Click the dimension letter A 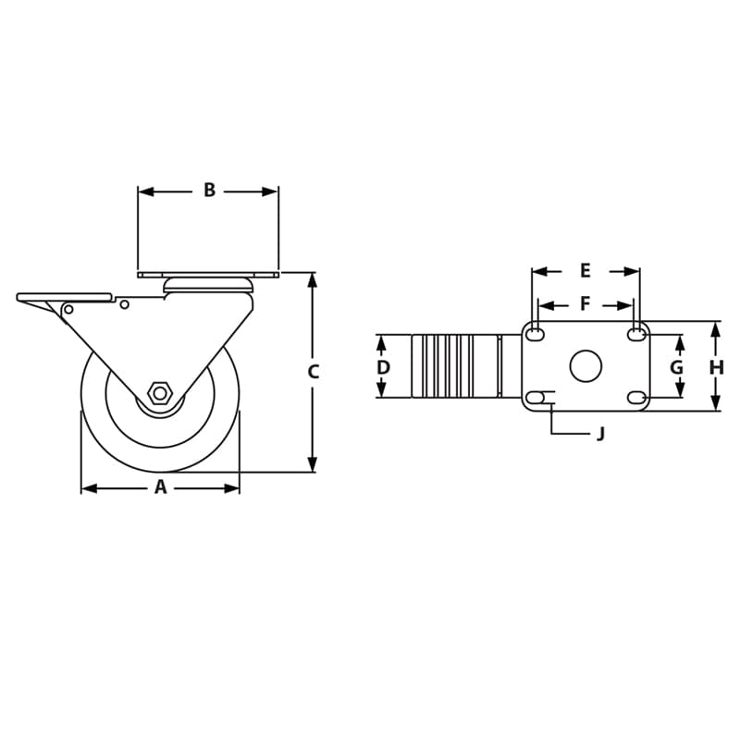tap(160, 487)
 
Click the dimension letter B tap(209, 191)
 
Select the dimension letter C tap(314, 372)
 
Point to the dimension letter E tap(586, 271)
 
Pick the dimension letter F tap(586, 303)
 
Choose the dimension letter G tap(677, 367)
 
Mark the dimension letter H tap(716, 367)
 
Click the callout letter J tap(600, 434)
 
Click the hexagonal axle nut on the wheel tap(159, 392)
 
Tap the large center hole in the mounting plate tap(586, 366)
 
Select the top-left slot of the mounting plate tap(535, 334)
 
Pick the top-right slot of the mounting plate tap(636, 334)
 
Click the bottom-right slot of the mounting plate tap(636, 398)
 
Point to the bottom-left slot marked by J tap(535, 398)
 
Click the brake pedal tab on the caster tap(63, 297)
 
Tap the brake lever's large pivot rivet tap(68, 309)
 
